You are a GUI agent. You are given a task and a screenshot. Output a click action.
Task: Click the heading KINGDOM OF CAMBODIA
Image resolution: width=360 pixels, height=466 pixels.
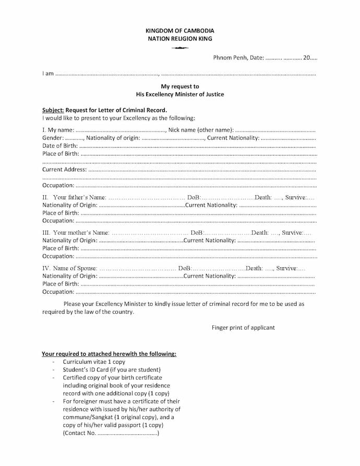coord(179,31)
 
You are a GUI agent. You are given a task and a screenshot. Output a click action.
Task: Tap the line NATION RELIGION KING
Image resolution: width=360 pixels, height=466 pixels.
coord(179,39)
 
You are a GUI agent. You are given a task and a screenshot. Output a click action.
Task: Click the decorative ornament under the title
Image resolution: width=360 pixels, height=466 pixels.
coord(179,48)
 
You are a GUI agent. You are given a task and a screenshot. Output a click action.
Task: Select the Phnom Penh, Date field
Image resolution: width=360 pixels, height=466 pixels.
coord(265,58)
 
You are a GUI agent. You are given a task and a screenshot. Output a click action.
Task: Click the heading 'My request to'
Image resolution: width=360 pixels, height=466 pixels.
coord(179,87)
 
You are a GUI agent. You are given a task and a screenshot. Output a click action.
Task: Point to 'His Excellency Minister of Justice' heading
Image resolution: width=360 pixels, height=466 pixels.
coord(179,94)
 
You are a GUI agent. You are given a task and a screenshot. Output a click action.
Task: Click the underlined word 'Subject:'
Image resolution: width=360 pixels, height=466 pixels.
coord(53,110)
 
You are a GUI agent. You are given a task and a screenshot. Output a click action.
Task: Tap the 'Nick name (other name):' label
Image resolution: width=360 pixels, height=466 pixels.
coord(200,130)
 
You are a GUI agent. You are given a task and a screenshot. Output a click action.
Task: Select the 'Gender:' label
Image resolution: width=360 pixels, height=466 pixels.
coord(53,138)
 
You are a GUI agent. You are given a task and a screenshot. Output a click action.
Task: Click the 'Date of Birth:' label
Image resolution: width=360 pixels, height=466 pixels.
coord(60,146)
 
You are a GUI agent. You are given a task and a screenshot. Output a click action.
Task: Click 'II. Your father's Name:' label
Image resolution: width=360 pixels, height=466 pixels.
coord(74,197)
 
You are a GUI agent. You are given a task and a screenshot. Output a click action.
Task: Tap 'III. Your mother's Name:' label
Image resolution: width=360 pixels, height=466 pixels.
coord(76,233)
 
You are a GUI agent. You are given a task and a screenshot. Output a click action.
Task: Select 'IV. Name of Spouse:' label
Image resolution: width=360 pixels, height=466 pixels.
coord(69,268)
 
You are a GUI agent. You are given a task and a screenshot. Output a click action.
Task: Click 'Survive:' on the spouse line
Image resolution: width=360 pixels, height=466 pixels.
coord(286,268)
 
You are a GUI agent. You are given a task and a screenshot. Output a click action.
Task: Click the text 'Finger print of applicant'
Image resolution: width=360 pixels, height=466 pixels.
coord(243,328)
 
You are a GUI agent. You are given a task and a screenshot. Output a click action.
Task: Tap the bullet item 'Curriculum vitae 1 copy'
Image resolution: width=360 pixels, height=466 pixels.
coord(94,362)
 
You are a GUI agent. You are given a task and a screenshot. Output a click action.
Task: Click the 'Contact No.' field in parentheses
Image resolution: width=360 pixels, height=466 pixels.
coord(111,433)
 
